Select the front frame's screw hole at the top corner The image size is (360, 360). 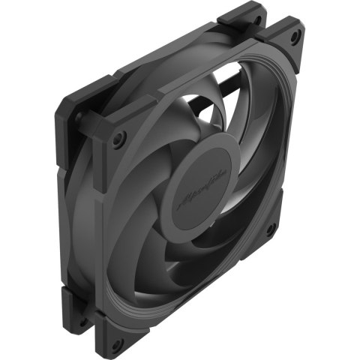tap(295, 36)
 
